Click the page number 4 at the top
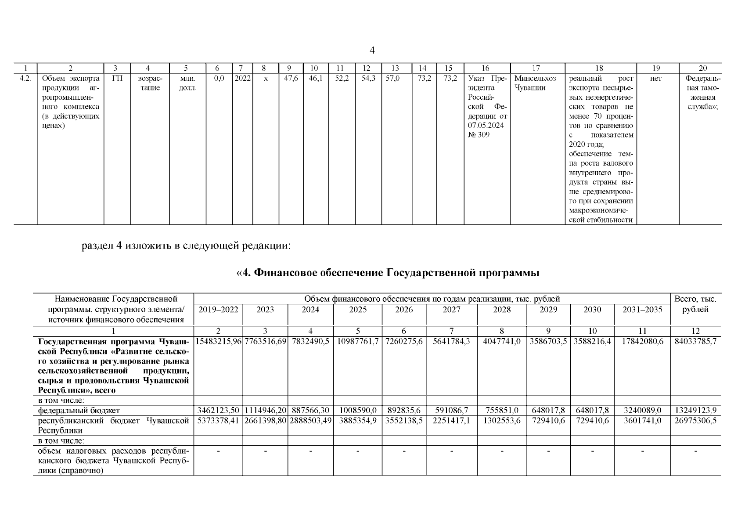(x=372, y=51)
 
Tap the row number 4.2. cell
(x=25, y=79)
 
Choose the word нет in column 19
(x=656, y=79)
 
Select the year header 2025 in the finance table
(x=357, y=310)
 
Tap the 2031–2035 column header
(x=642, y=310)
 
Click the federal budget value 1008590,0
(x=357, y=411)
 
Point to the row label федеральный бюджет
(x=79, y=411)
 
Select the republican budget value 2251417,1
(x=451, y=421)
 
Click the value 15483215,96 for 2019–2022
(x=218, y=341)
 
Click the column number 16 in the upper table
(x=485, y=68)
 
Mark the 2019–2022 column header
(x=218, y=310)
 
